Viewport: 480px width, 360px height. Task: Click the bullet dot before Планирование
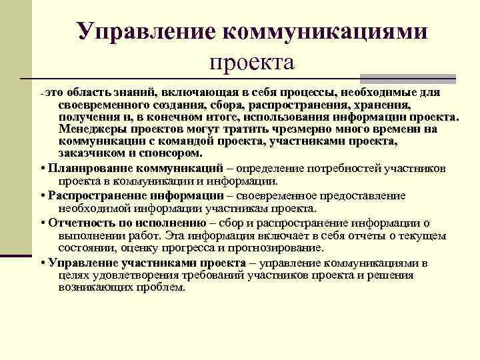(43, 167)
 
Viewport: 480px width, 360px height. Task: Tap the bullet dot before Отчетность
(43, 223)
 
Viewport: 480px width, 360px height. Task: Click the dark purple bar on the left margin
(16, 255)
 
